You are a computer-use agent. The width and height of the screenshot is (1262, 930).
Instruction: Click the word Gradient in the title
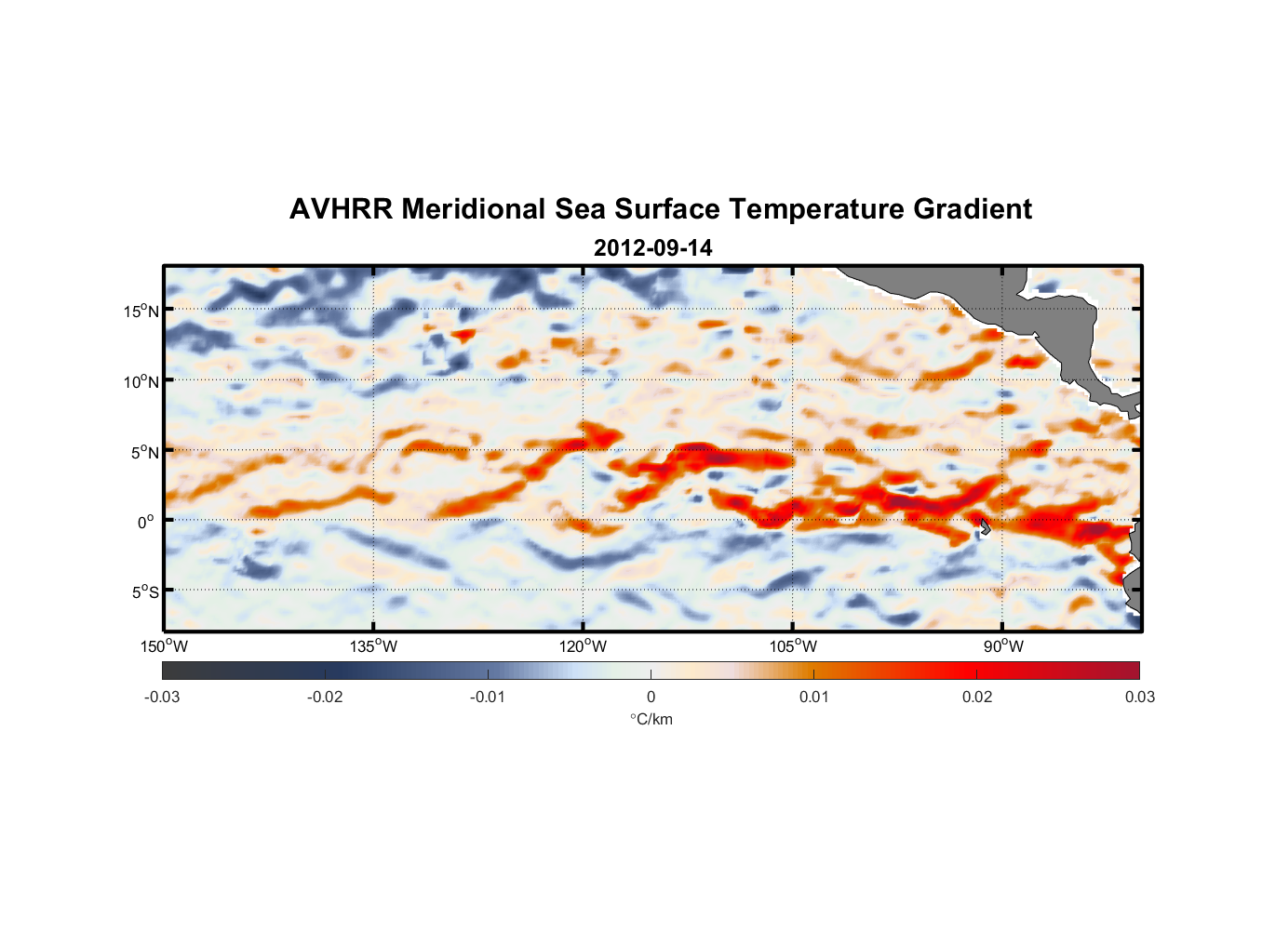pos(972,209)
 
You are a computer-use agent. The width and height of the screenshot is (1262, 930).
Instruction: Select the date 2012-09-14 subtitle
pos(652,248)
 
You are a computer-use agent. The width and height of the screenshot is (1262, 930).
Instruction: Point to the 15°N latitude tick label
pos(141,311)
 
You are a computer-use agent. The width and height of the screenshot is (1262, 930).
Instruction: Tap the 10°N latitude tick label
pos(141,381)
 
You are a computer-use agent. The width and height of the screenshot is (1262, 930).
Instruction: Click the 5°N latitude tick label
pos(144,452)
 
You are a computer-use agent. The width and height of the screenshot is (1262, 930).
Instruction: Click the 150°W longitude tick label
pos(164,646)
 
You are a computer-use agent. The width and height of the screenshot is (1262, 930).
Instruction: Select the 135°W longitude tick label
pos(373,646)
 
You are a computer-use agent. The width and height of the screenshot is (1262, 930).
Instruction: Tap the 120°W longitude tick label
pos(583,646)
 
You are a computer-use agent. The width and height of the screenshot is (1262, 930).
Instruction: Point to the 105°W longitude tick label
pos(793,646)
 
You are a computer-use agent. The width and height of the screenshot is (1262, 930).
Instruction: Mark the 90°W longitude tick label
pos(1003,646)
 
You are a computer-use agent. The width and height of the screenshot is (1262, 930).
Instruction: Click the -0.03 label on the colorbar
pos(162,697)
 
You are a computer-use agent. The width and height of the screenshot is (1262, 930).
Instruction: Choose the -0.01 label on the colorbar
pos(488,697)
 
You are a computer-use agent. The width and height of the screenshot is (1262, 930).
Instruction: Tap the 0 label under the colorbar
pos(651,697)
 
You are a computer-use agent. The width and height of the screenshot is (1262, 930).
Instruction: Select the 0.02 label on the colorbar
pos(977,697)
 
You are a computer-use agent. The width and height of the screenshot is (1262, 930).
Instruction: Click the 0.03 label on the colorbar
pos(1139,697)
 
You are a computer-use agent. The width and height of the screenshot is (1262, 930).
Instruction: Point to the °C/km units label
pos(651,719)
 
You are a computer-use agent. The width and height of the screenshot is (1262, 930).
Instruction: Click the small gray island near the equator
pos(984,526)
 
